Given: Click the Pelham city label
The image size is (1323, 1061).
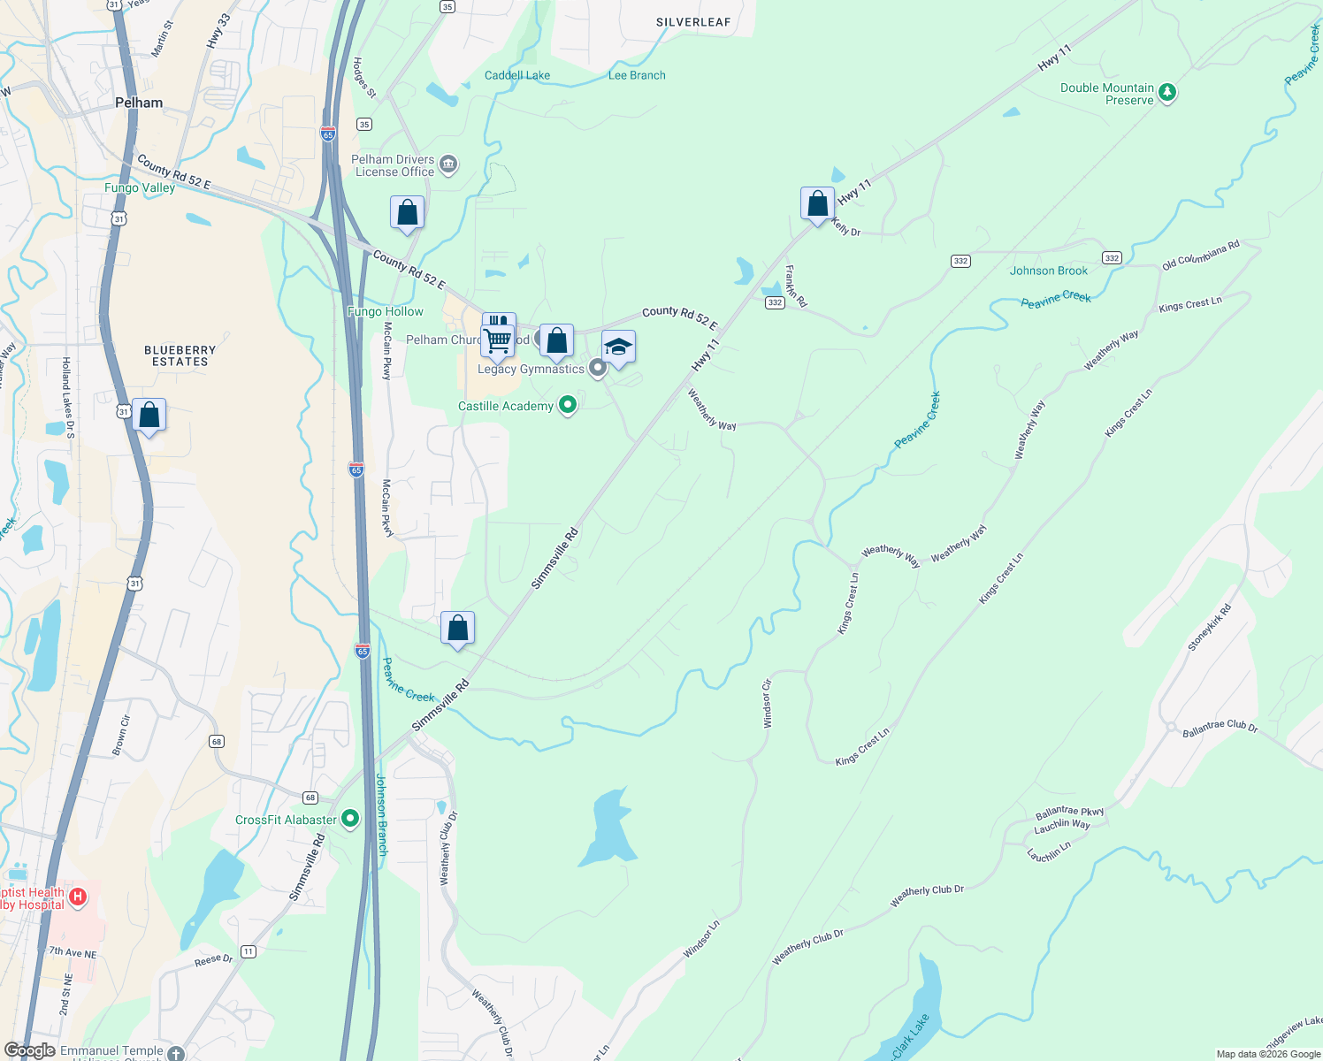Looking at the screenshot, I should point(139,103).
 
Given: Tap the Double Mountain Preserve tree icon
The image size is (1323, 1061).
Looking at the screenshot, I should point(1167,93).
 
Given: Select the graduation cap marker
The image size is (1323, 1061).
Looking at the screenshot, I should point(618,347).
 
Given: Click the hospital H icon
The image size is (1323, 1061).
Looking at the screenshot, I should point(78,897).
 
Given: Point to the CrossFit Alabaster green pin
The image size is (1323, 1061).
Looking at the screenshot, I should point(350,820).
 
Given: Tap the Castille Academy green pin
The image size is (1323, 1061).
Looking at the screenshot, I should point(568,406).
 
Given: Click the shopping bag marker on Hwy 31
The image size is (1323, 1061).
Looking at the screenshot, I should point(149,416).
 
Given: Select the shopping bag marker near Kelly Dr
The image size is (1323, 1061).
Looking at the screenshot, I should point(818,204).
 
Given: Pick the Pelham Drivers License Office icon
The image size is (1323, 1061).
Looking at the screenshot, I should point(448,164).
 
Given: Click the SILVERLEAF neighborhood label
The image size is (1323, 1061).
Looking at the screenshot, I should point(693,22).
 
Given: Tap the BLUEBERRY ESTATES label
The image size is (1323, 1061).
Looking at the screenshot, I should point(180,355).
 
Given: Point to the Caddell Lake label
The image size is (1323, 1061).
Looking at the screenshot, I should point(517,75).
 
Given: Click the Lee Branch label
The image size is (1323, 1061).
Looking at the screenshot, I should point(637,75).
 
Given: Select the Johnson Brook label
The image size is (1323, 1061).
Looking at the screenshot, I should point(1049,271).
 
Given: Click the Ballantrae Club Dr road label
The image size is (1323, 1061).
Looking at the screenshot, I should point(1220,728).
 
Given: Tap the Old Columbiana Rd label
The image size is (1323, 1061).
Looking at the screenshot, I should point(1200,256).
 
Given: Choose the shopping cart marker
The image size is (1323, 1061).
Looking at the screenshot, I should point(497,340).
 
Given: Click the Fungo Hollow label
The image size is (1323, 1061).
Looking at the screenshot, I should point(386,311).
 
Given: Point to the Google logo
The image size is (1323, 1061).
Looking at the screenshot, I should point(29,1050).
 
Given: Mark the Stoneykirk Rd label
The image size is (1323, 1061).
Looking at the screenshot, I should point(1209,628).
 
